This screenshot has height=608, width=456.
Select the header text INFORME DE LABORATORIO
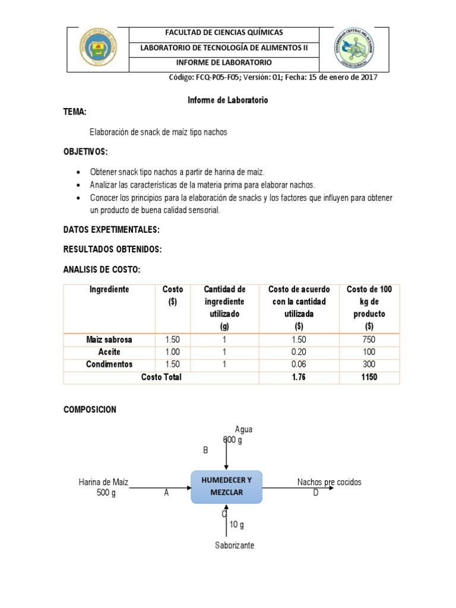coord(224,62)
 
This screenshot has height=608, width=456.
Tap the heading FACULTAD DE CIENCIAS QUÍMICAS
coord(224,33)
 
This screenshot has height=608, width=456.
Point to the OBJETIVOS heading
coord(85,153)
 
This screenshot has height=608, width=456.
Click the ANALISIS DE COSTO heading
coord(102,270)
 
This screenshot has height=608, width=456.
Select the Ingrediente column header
coord(109,289)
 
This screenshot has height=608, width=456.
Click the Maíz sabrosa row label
coord(109,340)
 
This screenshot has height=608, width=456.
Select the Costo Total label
coord(161,377)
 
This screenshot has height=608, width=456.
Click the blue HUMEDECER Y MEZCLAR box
coord(226,487)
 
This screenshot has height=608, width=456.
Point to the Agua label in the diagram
coord(244,429)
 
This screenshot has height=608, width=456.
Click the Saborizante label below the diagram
coord(235,545)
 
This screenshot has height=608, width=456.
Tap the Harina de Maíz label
coord(103,482)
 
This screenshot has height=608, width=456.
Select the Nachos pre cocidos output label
coord(329,482)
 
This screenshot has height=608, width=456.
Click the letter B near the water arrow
coord(205,451)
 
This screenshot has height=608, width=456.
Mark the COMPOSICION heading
coord(90,410)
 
